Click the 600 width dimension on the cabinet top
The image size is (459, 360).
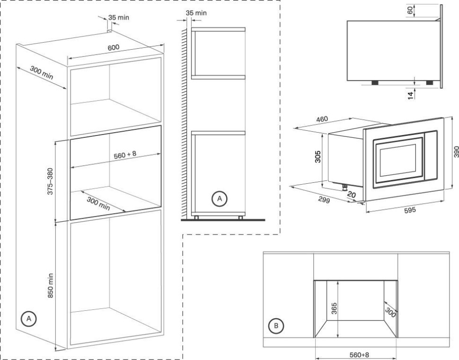[114, 47]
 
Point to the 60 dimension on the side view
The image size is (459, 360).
[410, 10]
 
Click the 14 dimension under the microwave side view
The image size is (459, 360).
[410, 94]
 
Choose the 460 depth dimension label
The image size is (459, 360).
[322, 119]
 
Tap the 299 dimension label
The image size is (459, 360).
[324, 198]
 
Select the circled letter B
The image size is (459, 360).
[276, 325]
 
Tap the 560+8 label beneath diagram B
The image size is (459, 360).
[356, 354]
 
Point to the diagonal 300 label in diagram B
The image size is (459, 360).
[390, 311]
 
